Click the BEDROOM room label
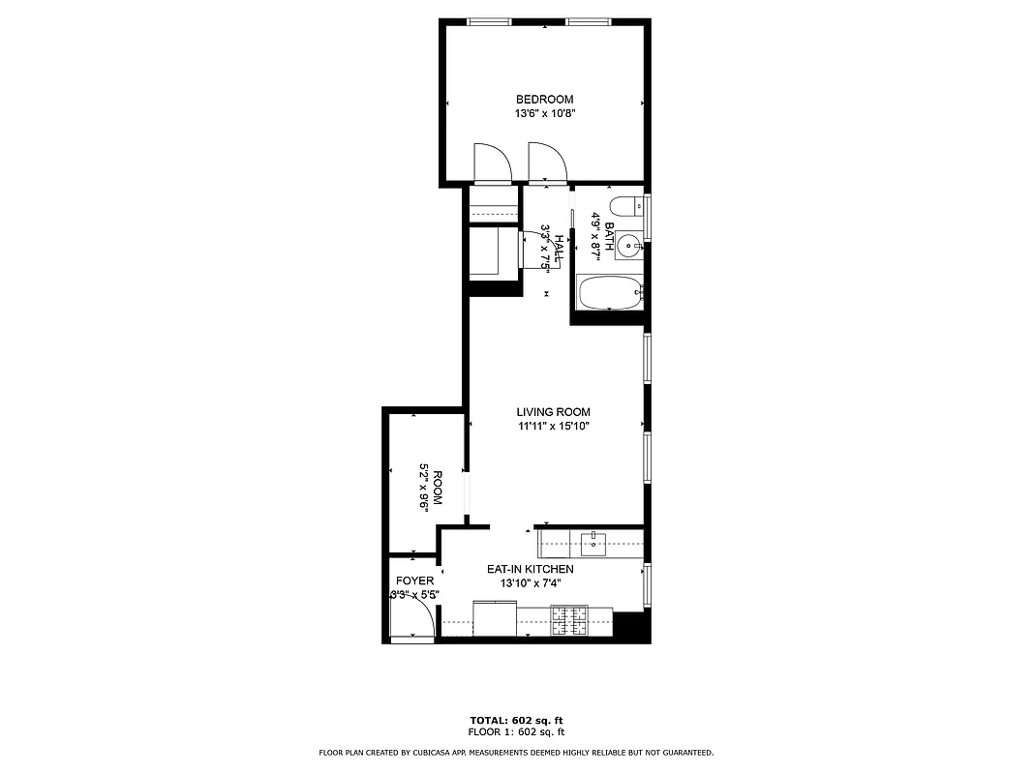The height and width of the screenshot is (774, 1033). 544,99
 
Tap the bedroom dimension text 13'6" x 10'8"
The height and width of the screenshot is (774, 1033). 544,113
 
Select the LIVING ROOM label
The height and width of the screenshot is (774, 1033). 553,412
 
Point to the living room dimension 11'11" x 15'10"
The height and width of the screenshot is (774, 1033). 553,426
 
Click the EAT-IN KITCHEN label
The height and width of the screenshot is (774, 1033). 530,569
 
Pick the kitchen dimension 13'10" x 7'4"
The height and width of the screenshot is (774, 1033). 530,583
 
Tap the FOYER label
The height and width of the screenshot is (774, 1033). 415,580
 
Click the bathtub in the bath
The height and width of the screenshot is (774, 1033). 608,292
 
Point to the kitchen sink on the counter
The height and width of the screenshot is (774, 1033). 592,544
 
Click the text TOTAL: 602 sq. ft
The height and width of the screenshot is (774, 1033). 516,721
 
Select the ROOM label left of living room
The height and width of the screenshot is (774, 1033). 437,489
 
